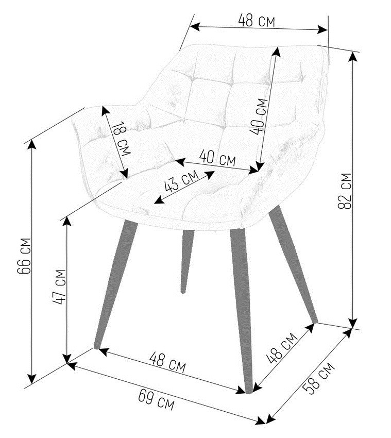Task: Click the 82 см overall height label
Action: [x=344, y=191]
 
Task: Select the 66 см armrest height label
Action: [x=24, y=256]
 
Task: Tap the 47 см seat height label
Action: [x=59, y=287]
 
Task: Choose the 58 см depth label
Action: [x=318, y=378]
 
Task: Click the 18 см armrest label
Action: [x=121, y=139]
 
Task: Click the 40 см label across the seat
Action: [x=217, y=158]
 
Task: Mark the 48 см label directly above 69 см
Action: [x=167, y=362]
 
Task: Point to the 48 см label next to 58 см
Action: [x=281, y=348]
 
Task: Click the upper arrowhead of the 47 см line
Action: [x=66, y=221]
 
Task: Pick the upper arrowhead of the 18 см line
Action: [x=105, y=111]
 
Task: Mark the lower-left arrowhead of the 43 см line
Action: [x=159, y=200]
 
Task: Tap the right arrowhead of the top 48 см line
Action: [x=322, y=29]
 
